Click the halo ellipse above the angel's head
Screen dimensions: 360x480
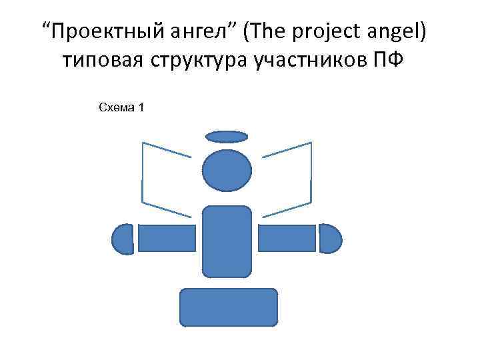coord(227,137)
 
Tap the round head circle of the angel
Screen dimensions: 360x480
coord(227,171)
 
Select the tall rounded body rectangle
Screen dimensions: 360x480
coord(227,241)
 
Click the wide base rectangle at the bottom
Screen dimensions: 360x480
coord(229,307)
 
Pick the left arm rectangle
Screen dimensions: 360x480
coord(167,238)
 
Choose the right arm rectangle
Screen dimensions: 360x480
coord(287,238)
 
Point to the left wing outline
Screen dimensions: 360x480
coord(143,173)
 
